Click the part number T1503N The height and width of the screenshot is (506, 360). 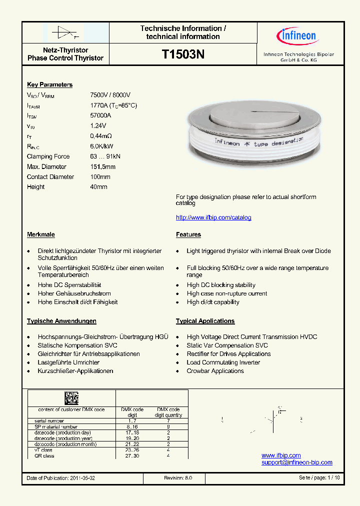(x=183, y=54)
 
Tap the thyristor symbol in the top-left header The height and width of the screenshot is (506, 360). (x=65, y=32)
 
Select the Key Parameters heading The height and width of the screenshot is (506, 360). (x=49, y=85)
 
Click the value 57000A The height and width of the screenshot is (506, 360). (x=100, y=115)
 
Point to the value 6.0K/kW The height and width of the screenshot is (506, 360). (x=101, y=146)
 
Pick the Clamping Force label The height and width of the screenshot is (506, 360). (x=48, y=156)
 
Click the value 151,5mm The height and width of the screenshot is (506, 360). (x=102, y=166)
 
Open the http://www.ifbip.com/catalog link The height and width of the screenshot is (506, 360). (x=213, y=217)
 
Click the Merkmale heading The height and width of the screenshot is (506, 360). (x=41, y=234)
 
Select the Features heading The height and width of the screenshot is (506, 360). (x=188, y=234)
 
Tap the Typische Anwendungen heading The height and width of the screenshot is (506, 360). (x=61, y=321)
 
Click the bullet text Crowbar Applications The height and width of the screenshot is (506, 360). (x=215, y=371)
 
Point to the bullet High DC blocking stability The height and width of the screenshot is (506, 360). (x=221, y=285)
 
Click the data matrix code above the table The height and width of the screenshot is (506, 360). (x=71, y=398)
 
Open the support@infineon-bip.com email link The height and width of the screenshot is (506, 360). (x=296, y=462)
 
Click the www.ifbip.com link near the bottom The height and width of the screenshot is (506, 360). (x=281, y=455)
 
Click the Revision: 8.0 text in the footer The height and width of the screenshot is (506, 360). (x=178, y=478)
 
